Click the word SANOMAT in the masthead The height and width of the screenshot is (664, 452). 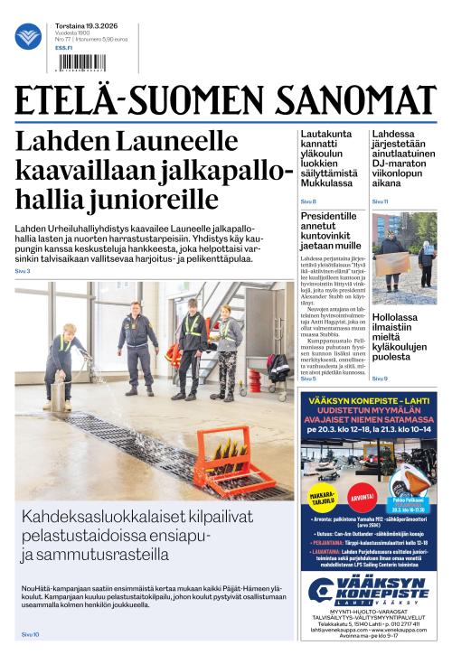tap(371, 99)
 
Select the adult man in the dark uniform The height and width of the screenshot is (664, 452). tap(135, 346)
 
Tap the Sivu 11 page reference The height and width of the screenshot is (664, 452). tap(381, 201)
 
